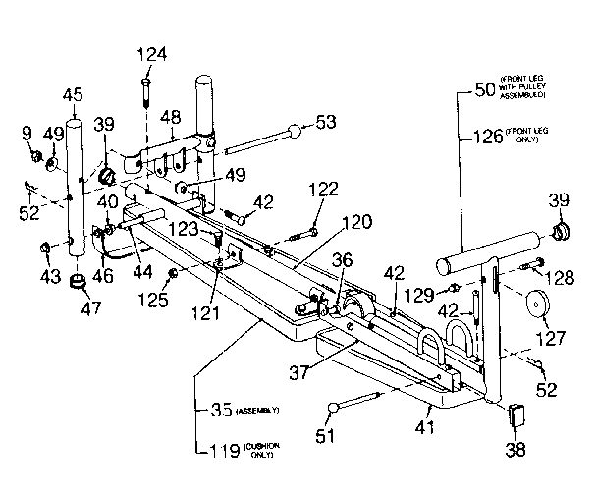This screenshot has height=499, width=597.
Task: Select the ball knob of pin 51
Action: (x=336, y=406)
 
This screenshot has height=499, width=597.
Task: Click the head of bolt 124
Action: (x=145, y=81)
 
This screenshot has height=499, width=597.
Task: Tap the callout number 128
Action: (x=562, y=280)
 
